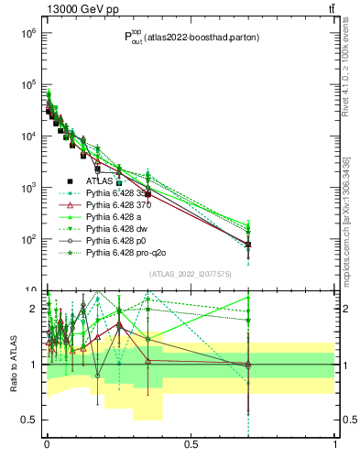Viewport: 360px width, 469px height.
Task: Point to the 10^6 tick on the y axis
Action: coord(27,34)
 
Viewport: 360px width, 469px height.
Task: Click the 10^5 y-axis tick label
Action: coord(27,85)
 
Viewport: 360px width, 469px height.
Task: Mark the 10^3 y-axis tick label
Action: coord(27,188)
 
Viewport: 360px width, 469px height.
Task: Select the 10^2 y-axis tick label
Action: coord(27,239)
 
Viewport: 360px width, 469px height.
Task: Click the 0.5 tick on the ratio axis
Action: coord(29,420)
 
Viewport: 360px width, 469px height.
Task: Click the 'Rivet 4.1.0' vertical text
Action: coord(345,73)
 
